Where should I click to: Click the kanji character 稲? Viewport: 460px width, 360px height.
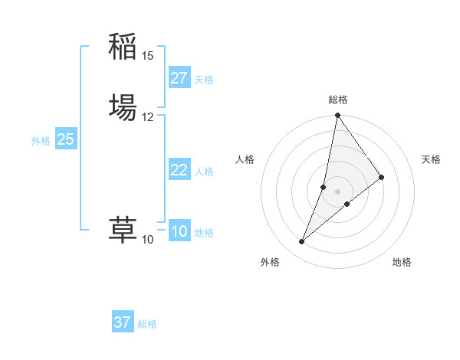click(x=123, y=47)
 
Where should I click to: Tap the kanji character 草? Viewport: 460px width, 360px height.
click(x=123, y=231)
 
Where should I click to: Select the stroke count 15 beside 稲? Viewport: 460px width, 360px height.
click(x=148, y=56)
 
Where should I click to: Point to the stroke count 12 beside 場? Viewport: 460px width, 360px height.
click(x=148, y=117)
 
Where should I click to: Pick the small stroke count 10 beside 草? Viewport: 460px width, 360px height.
click(x=148, y=240)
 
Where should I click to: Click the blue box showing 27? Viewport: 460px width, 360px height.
click(x=179, y=78)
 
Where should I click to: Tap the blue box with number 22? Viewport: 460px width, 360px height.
click(x=179, y=170)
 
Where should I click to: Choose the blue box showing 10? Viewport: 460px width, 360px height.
click(x=179, y=231)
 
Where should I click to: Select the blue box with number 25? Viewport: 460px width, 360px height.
click(x=65, y=139)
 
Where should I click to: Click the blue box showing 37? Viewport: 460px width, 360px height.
click(x=122, y=322)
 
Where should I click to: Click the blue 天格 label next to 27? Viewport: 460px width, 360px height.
click(x=204, y=80)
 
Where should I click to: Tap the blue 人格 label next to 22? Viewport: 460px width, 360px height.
click(x=204, y=172)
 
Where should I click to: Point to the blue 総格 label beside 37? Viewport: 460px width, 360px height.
click(x=147, y=324)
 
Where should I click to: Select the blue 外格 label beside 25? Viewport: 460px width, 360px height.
click(x=41, y=141)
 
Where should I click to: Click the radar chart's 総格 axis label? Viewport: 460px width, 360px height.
click(x=337, y=100)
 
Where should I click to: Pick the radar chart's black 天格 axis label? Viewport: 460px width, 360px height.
click(x=432, y=159)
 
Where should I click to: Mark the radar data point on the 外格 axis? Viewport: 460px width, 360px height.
click(x=301, y=242)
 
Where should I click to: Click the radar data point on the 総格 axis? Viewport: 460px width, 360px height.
click(x=337, y=116)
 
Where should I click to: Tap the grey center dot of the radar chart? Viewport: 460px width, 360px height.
click(x=337, y=191)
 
